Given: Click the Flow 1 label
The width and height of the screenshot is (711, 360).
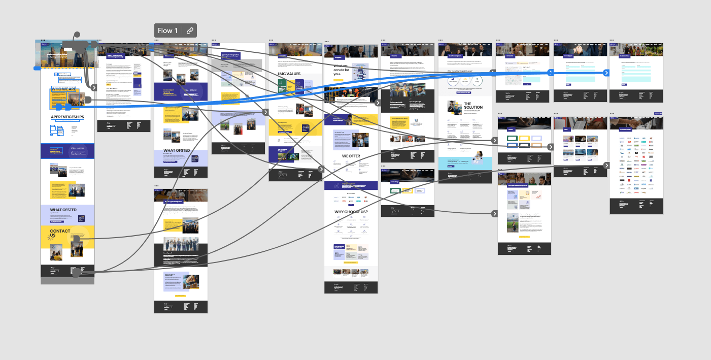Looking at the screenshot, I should (x=167, y=30).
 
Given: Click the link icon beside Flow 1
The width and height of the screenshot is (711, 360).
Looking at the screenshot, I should (x=190, y=30).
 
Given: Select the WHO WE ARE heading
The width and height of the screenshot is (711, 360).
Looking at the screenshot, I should (x=64, y=89).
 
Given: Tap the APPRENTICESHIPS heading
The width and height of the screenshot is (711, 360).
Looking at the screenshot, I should (x=67, y=117).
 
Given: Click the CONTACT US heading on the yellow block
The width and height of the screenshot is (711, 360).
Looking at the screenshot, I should (x=60, y=234).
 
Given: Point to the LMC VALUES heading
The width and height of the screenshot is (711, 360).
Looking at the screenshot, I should (x=289, y=74).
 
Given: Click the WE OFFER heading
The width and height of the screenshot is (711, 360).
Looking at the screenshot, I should (x=351, y=156).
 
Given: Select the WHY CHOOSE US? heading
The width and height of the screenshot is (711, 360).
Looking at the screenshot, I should (x=351, y=212).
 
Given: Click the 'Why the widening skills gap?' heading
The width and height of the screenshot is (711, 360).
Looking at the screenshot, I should (x=465, y=72).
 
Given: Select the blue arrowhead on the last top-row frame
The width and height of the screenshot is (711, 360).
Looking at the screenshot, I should (x=606, y=73).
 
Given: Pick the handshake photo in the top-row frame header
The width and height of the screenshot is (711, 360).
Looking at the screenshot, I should (x=636, y=122).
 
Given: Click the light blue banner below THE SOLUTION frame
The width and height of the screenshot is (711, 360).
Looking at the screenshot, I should (x=465, y=163).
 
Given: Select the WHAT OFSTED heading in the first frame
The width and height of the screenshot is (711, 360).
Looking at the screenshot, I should (x=63, y=210).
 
